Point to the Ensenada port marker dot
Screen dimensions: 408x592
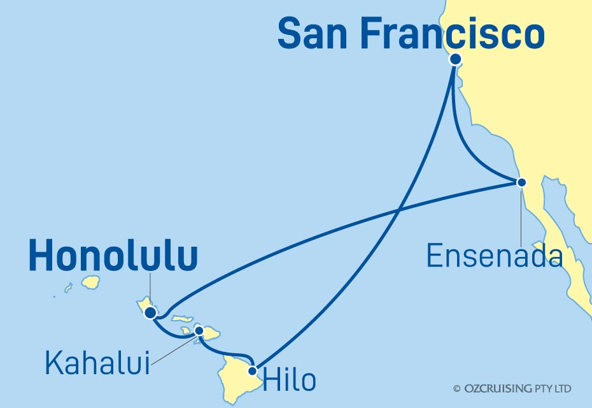(x=521, y=182)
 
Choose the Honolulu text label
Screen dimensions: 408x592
(x=113, y=257)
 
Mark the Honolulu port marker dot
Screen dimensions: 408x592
(x=150, y=312)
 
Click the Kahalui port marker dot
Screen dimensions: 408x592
(x=199, y=331)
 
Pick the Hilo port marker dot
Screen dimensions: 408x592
(x=253, y=370)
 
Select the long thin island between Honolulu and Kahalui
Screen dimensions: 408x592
(x=183, y=318)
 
